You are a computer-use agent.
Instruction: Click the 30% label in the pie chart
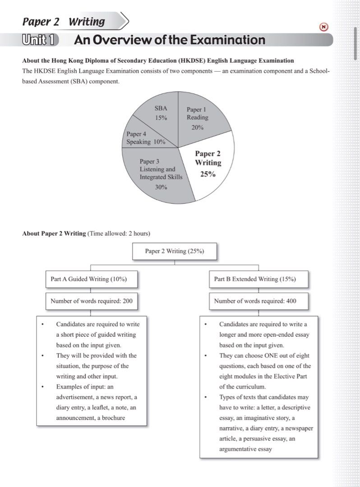point(161,187)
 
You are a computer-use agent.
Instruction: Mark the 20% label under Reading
point(197,128)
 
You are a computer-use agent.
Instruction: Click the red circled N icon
point(323,27)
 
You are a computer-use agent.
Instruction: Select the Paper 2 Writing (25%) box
point(175,251)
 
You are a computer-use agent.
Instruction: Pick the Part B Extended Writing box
point(255,279)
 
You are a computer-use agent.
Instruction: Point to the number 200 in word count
point(127,301)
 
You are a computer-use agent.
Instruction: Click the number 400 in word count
point(291,301)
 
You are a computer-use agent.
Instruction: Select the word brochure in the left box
point(112,418)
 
